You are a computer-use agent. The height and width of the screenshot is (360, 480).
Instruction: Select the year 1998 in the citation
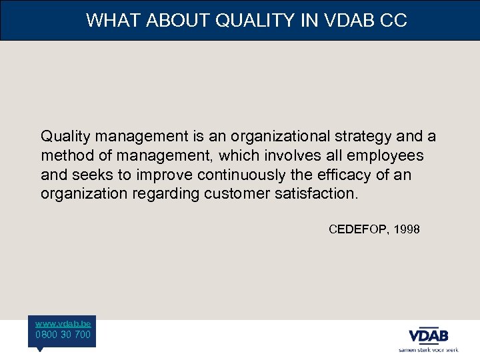coord(407,229)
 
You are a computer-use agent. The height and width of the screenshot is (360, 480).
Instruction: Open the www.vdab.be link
coord(63,323)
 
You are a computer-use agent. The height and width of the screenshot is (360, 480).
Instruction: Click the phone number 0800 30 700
coord(63,335)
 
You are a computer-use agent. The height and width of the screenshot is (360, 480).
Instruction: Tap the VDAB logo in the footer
coord(428,335)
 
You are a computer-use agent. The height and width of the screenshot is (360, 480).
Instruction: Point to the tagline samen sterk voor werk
coord(428,349)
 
